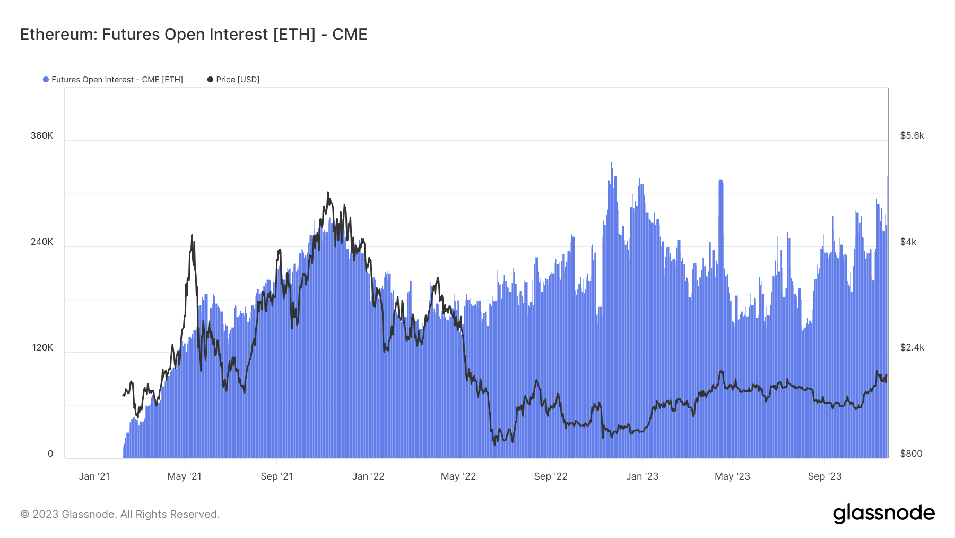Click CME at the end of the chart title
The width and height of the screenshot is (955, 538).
[349, 35]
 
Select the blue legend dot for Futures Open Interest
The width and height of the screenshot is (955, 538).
[46, 80]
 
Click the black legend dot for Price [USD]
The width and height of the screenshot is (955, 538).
[210, 80]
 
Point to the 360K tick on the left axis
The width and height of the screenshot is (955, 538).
[42, 135]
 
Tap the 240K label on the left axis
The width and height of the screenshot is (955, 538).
[42, 242]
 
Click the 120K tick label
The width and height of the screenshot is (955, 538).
[42, 347]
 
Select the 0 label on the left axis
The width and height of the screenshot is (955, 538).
[50, 454]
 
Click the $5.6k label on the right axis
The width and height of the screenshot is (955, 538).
[912, 135]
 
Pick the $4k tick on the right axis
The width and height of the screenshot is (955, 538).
[908, 242]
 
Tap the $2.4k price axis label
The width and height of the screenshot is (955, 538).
[912, 347]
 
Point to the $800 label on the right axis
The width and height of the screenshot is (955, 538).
[911, 454]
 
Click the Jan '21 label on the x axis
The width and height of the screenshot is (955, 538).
[94, 476]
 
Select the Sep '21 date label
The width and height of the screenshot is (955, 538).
[276, 476]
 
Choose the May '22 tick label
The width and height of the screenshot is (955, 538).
[458, 476]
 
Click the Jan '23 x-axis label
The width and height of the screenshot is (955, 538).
[642, 476]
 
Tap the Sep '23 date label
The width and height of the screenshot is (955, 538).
[824, 476]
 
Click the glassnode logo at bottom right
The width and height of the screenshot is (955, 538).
[883, 513]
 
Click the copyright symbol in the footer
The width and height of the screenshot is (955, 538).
[24, 514]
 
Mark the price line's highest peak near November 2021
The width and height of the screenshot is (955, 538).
[328, 193]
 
